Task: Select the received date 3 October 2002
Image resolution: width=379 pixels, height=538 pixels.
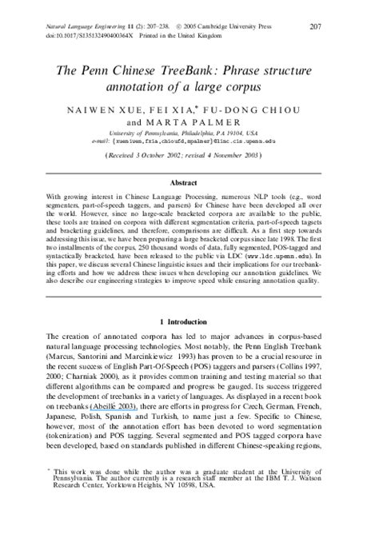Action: [167, 157]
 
